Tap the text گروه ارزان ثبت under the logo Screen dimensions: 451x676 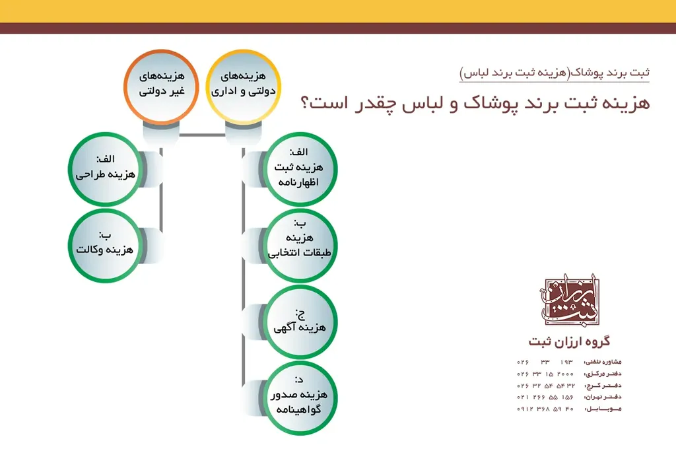coord(569,341)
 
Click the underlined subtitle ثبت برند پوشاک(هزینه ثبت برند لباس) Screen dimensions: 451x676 coord(555,72)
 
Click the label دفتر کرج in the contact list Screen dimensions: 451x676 coord(603,386)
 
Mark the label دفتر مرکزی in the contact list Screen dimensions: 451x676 coord(603,374)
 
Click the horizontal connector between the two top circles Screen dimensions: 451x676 coord(203,136)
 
